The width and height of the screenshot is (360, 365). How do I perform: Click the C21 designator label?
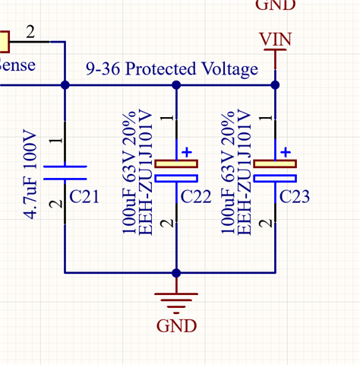pyautogui.click(x=84, y=197)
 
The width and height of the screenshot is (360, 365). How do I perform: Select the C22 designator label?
pyautogui.click(x=196, y=197)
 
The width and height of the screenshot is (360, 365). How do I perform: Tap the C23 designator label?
pyautogui.click(x=295, y=197)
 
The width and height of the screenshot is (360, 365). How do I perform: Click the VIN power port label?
pyautogui.click(x=276, y=40)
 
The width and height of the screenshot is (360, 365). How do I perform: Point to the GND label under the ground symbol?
pyautogui.click(x=176, y=325)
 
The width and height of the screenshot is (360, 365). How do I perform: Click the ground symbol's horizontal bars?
pyautogui.click(x=176, y=303)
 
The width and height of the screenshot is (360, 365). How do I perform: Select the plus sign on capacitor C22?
pyautogui.click(x=187, y=152)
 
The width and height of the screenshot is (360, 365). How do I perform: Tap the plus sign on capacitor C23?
pyautogui.click(x=286, y=152)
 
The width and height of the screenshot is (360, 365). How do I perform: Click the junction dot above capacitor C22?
pyautogui.click(x=176, y=85)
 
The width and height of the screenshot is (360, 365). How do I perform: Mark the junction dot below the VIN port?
pyautogui.click(x=275, y=85)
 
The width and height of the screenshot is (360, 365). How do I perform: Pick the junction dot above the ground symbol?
pyautogui.click(x=176, y=273)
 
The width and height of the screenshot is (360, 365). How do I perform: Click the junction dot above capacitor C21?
pyautogui.click(x=65, y=85)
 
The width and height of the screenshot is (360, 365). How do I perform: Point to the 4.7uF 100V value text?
pyautogui.click(x=30, y=174)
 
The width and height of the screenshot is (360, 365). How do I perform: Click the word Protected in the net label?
pyautogui.click(x=161, y=68)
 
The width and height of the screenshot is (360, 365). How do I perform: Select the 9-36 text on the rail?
pyautogui.click(x=103, y=68)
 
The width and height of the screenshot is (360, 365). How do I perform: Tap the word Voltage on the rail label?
pyautogui.click(x=230, y=69)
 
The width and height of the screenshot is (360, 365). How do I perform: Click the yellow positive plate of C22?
pyautogui.click(x=176, y=163)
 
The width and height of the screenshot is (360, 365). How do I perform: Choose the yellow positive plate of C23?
pyautogui.click(x=275, y=163)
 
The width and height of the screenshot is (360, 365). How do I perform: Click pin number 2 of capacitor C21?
pyautogui.click(x=56, y=204)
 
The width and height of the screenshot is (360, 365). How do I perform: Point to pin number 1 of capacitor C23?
pyautogui.click(x=266, y=118)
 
